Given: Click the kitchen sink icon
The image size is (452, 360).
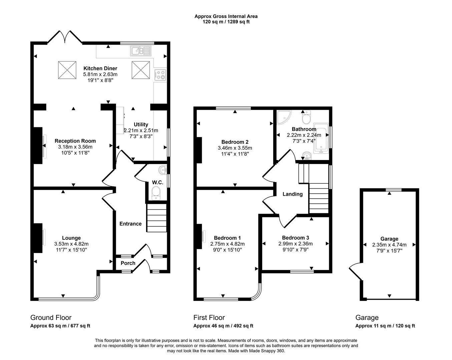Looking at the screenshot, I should (x=141, y=51).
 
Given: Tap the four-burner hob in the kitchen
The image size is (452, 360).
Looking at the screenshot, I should (x=160, y=74).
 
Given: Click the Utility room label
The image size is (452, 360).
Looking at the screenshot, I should (x=141, y=125).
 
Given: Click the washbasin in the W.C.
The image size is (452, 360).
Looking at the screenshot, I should (x=162, y=170).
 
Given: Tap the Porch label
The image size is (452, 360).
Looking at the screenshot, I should (x=128, y=263).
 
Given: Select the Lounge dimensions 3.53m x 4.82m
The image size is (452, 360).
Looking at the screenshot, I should (x=71, y=244).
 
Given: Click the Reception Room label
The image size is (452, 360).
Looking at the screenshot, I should (x=75, y=141).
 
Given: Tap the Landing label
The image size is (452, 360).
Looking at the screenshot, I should (x=293, y=194).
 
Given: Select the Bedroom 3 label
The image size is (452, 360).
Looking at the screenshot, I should (x=295, y=238).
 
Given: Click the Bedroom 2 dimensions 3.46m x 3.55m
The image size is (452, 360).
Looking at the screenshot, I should (x=235, y=148).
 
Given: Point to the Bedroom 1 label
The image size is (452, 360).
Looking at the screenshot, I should (x=227, y=238).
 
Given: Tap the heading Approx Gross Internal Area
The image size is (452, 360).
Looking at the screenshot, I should (x=226, y=16).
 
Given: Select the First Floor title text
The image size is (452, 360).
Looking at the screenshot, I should (x=209, y=318).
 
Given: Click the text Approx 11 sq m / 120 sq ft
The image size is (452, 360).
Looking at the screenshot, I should (x=385, y=326).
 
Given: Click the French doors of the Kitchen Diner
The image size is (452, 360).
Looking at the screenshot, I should (x=65, y=37).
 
